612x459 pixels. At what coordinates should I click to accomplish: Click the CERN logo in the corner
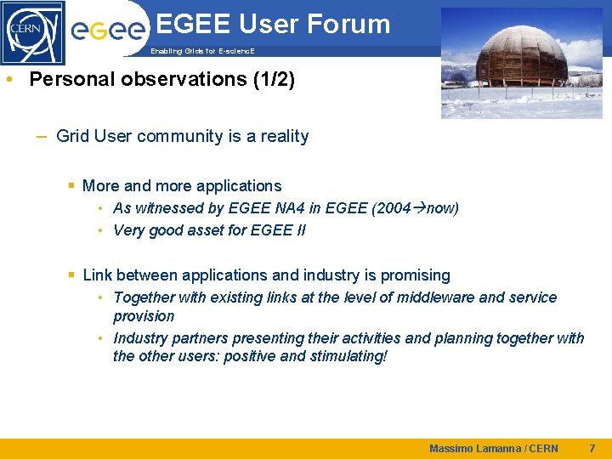point(32,32)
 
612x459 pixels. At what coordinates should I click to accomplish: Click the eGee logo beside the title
point(107,31)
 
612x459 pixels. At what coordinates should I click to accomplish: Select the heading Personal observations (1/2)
point(161,80)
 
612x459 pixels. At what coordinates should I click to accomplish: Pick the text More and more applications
point(182,185)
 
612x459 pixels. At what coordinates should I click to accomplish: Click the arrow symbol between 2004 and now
point(419,207)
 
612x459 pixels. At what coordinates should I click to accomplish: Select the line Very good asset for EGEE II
point(209,230)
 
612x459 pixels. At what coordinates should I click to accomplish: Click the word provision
point(144,316)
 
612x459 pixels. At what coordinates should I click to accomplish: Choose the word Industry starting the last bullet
point(140,338)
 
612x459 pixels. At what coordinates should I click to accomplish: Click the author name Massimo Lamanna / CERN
point(494,449)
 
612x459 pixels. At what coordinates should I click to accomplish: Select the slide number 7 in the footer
point(592,448)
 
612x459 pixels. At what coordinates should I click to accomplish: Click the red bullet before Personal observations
point(8,80)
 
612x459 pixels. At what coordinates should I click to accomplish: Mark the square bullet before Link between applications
point(72,275)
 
